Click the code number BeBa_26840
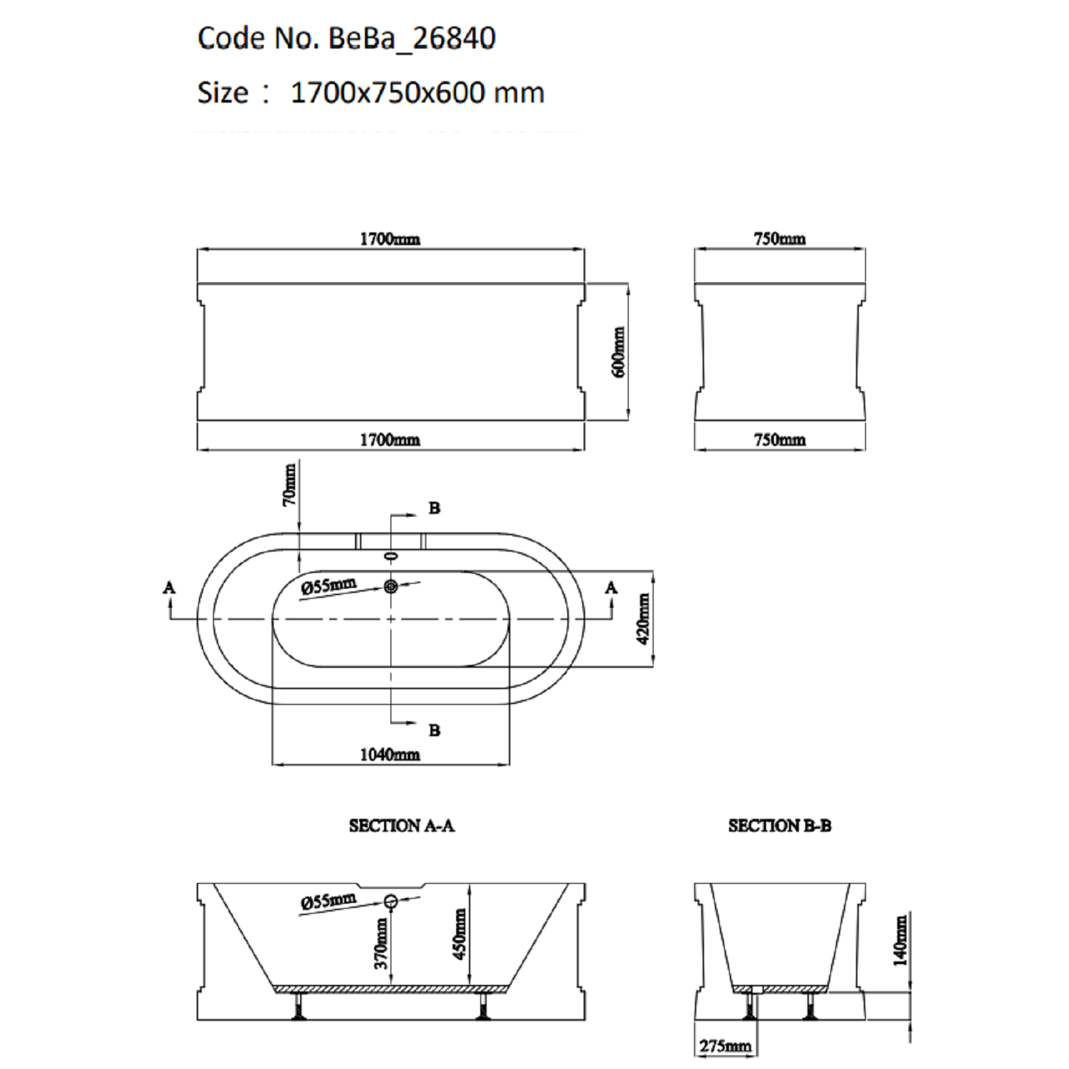coord(411,38)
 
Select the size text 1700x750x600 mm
coord(418,93)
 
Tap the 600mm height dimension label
coord(619,352)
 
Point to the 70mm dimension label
coord(289,485)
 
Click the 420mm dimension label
coord(643,619)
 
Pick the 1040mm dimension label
coord(390,754)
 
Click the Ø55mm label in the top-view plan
coord(328,587)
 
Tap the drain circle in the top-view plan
coord(391,587)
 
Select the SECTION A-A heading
coord(402,826)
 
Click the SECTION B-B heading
coord(780,826)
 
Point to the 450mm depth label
coord(460,934)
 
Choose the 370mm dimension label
coord(381,944)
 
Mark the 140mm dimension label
coord(901,941)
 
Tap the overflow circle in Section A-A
coord(391,902)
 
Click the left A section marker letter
coord(170,587)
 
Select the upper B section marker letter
coord(434,508)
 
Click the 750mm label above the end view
coord(780,239)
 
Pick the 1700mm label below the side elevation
coord(390,440)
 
